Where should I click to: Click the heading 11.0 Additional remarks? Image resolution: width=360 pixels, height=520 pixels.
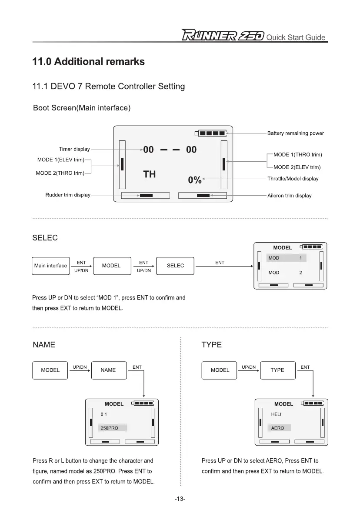coord(88,62)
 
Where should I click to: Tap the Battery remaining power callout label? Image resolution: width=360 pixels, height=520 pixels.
coord(295,133)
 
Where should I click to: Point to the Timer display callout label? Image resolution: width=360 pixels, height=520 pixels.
coord(74,150)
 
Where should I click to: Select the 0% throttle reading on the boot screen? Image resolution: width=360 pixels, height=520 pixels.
coord(194,180)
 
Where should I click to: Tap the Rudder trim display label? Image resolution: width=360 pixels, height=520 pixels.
coord(68,195)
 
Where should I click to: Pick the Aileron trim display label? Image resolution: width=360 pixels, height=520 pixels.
coord(289,196)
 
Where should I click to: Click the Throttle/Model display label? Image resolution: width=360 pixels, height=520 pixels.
coord(293,179)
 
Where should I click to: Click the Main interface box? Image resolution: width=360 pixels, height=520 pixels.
coord(50,266)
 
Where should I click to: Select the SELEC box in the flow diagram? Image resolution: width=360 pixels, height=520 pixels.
coord(175,266)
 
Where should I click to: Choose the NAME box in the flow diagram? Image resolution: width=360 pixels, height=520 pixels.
coord(108,370)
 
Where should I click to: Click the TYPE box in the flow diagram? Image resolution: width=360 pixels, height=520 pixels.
coord(277,370)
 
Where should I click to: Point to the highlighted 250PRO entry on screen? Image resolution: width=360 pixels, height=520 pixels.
coord(112,428)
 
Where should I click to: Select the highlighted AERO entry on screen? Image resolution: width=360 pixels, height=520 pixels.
coord(279,428)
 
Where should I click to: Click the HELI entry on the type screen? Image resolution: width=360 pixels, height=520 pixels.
coord(277,414)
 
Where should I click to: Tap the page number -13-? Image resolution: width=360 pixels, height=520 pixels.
coord(180,499)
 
